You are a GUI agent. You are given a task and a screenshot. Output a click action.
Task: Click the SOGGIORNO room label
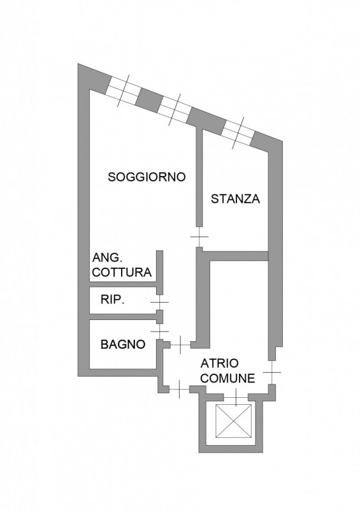coord(147,177)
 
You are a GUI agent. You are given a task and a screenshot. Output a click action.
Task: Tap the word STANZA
coord(236,199)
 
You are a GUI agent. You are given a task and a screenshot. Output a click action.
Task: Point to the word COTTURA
coord(122,272)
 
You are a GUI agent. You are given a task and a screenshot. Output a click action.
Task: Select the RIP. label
coord(113,300)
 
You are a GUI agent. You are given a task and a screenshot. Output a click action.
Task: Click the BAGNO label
coord(123,344)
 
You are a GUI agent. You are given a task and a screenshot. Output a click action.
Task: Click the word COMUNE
coord(227,379)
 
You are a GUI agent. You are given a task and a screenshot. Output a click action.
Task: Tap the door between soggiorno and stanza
coord(199,237)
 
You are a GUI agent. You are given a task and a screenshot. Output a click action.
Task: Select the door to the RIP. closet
coord(159,302)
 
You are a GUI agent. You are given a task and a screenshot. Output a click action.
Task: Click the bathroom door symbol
coord(159,331)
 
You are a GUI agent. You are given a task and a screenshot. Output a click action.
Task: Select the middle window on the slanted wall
coord(176,110)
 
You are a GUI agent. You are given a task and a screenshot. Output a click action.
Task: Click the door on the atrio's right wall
coord(272,372)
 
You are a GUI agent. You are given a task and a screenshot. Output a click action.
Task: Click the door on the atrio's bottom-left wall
coord(180,390)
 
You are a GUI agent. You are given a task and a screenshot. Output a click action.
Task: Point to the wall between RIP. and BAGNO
coord(123,317)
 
